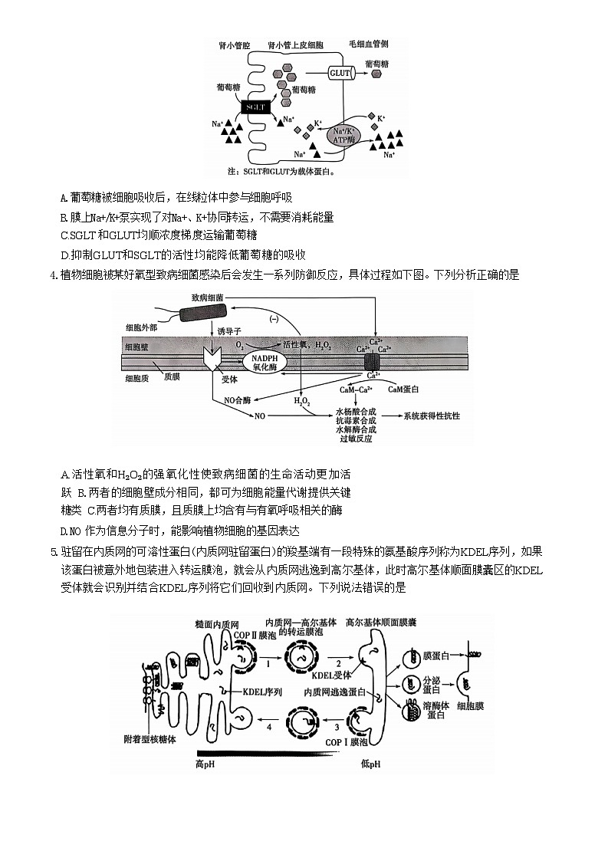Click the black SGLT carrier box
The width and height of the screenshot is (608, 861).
tap(255, 108)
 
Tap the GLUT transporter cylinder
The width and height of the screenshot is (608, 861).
tap(340, 74)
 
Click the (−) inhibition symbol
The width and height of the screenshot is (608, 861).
tap(274, 319)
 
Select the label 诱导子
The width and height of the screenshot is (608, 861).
tap(228, 331)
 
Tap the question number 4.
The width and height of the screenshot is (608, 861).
tap(52, 275)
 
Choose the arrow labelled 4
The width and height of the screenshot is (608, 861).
tap(268, 724)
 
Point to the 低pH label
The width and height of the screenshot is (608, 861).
tap(370, 764)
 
